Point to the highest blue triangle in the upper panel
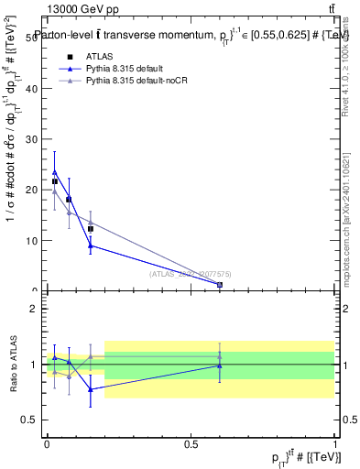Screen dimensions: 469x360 (55, 172)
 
